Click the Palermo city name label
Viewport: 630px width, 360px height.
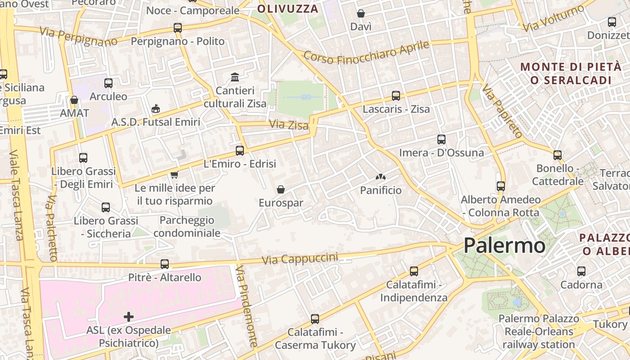click(x=504, y=246)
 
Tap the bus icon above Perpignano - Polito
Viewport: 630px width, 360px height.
click(x=178, y=28)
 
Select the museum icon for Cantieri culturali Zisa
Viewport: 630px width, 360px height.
click(x=235, y=77)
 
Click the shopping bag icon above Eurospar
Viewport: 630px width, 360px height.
click(x=281, y=189)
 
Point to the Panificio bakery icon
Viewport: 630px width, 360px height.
click(x=381, y=178)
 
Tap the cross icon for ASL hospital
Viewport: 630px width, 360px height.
click(x=129, y=317)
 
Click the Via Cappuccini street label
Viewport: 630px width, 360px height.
click(x=300, y=259)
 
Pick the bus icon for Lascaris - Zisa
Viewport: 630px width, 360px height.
click(x=396, y=96)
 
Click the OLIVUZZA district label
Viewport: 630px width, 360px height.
click(x=288, y=9)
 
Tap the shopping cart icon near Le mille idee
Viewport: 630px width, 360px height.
click(x=174, y=175)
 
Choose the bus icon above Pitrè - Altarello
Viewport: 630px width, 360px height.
click(x=165, y=264)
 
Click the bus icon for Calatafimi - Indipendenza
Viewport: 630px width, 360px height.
click(x=414, y=271)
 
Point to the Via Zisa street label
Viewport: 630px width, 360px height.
click(x=289, y=124)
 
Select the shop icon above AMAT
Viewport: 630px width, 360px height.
click(x=74, y=99)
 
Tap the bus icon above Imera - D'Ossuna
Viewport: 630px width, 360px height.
click(x=441, y=139)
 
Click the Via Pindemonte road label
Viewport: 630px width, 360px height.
click(x=246, y=306)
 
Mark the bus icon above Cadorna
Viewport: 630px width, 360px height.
click(x=581, y=271)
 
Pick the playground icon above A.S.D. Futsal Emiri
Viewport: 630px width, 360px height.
click(x=156, y=108)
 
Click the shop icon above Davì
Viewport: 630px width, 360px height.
click(x=361, y=13)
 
